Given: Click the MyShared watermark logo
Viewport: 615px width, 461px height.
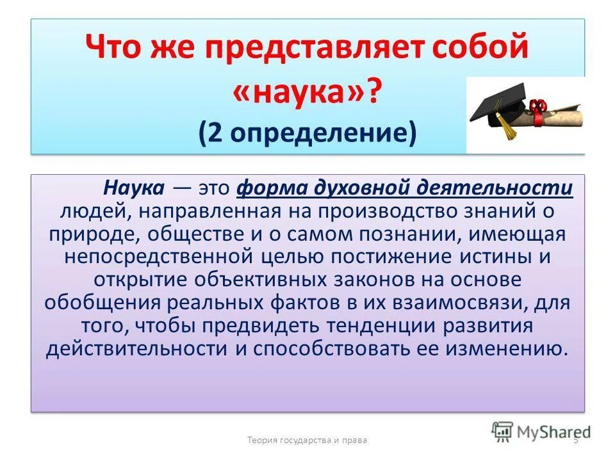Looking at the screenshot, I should point(541,430).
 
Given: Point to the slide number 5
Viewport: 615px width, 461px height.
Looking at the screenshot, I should point(575,440).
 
